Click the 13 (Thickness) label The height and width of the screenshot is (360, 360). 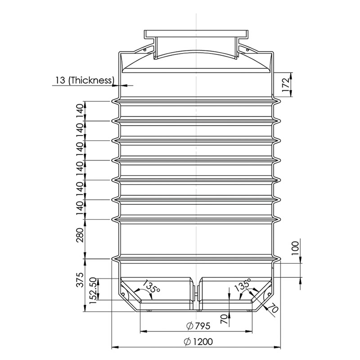tap(85, 81)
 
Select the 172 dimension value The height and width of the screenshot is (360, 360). tap(286, 85)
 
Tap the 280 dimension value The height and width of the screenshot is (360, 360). tap(80, 235)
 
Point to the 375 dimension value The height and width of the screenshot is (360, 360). tap(80, 280)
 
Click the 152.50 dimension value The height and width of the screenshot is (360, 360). tap(94, 291)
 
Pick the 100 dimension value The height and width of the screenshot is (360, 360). tap(295, 248)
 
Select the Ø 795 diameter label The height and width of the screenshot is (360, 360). tap(198, 326)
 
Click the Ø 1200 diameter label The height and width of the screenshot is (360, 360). tap(198, 342)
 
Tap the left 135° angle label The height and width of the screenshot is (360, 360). tap(151, 286)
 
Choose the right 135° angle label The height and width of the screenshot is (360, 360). tap(243, 285)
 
